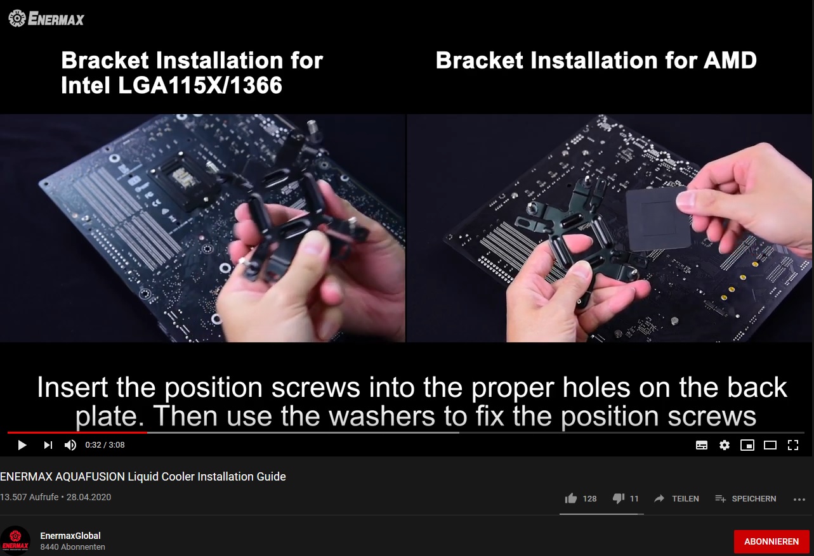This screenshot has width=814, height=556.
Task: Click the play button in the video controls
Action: point(22,445)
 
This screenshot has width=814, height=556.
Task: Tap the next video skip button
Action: point(48,445)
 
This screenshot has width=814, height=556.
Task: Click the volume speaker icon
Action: point(70,445)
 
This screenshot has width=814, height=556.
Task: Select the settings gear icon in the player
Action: point(725,445)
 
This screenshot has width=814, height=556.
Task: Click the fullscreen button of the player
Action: point(793,445)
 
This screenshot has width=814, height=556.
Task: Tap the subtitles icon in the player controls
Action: point(701,445)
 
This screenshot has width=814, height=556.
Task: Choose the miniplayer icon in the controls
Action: point(747,445)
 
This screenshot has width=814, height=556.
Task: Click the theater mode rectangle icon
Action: point(770,445)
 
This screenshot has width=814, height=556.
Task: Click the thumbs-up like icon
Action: point(571,498)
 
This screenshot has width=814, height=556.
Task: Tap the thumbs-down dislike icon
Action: point(618,498)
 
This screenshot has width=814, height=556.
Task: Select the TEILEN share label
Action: point(685,498)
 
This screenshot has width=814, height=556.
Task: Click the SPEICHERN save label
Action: point(754,498)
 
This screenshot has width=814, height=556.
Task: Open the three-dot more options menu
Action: point(799,500)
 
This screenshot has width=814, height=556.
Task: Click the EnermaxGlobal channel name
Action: point(70,536)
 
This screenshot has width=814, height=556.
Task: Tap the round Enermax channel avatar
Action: point(15,540)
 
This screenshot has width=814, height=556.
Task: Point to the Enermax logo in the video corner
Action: point(46,19)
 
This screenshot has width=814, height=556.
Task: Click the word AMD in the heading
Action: point(730,60)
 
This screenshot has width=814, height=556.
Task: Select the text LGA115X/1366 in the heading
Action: point(200,86)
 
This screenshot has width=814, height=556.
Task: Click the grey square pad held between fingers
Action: point(659,219)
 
